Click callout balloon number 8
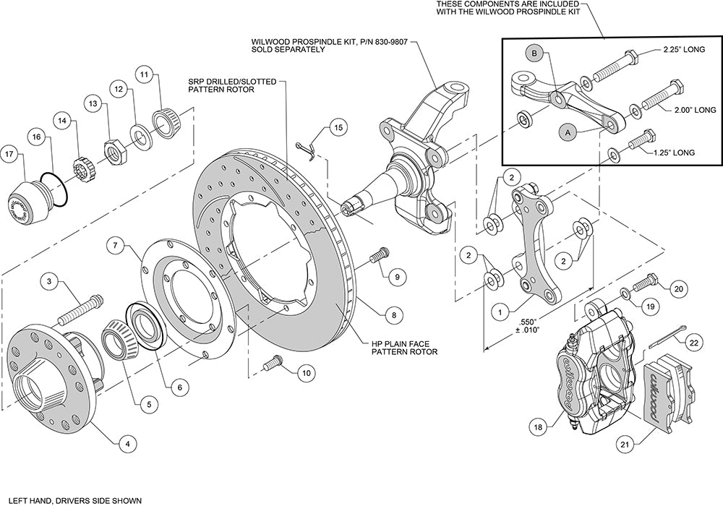point(393,315)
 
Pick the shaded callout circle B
point(534,53)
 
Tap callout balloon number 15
point(337,128)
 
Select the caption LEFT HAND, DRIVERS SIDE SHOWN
point(70,499)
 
